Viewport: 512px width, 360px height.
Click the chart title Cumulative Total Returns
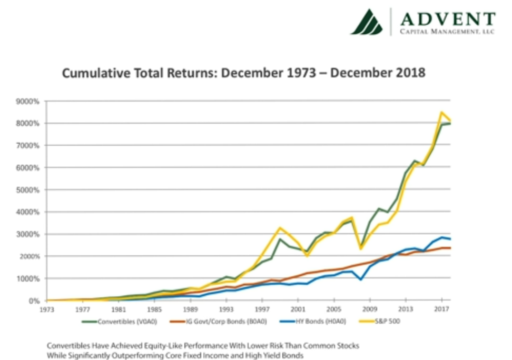point(243,73)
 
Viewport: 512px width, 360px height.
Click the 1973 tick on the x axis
point(47,309)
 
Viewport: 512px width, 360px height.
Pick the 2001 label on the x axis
point(299,309)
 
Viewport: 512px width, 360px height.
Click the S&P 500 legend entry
point(386,322)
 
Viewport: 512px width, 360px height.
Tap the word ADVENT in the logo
point(447,19)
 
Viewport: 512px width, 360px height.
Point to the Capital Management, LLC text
point(447,32)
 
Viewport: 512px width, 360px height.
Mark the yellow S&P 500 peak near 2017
point(441,112)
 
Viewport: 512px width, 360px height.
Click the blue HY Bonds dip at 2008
point(361,279)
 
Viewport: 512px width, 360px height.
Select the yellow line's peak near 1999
point(280,228)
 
